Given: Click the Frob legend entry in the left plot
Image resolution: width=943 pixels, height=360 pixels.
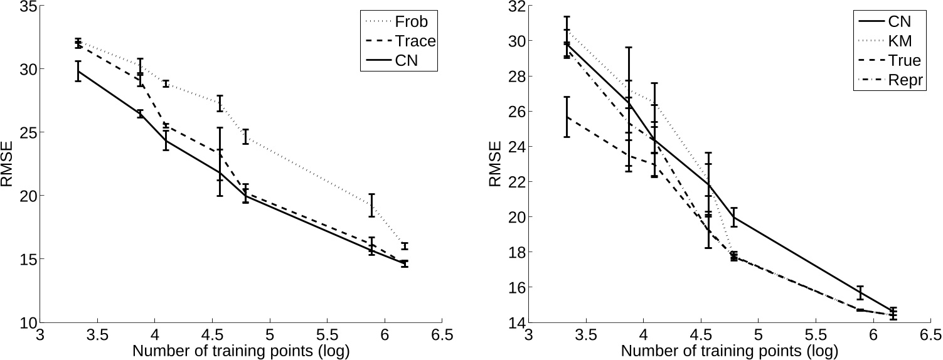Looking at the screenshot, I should pos(411,21).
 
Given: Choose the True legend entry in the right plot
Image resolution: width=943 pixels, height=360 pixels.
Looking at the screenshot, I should pos(904,60).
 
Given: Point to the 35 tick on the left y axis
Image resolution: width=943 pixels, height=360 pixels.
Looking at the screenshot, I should pos(28,6).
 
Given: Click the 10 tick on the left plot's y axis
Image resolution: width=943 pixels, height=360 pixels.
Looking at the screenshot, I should pos(28,322).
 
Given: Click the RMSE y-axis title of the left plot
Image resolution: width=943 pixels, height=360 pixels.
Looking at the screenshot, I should pos(8,164).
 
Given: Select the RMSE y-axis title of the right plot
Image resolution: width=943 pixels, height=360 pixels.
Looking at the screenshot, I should pos(496,164).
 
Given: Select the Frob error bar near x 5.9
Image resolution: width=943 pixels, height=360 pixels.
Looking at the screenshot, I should pos(371,205).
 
